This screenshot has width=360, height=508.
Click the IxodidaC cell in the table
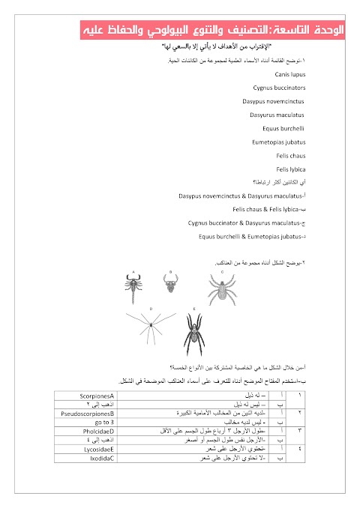click(97, 459)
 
